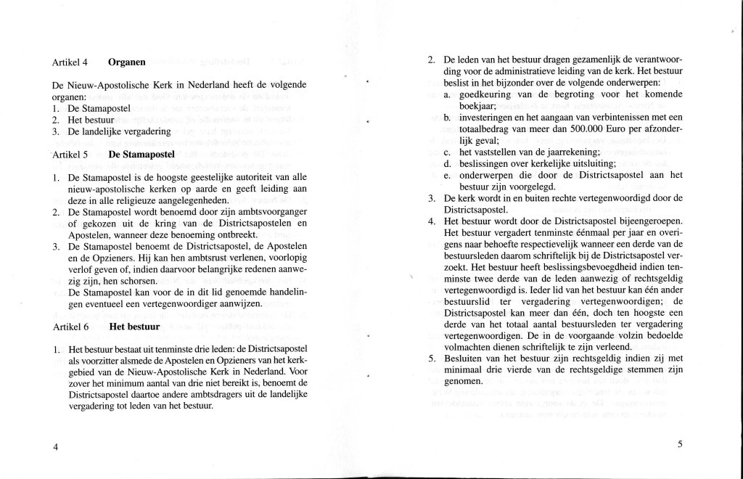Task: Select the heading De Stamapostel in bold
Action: [x=141, y=155]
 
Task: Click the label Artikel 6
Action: [x=71, y=327]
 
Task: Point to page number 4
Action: [x=55, y=446]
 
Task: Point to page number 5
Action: [x=681, y=446]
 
